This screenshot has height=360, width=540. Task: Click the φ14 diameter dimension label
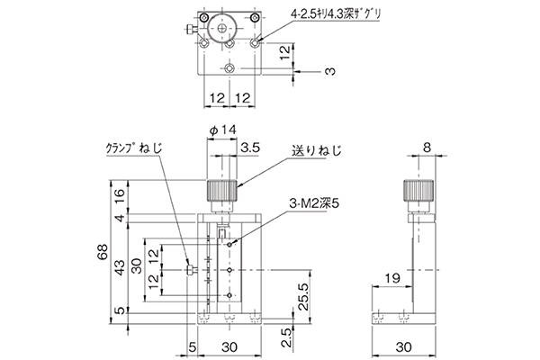223,130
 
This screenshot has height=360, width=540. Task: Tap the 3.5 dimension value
250,148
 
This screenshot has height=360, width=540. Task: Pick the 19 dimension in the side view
392,278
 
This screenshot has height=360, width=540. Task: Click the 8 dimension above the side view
427,148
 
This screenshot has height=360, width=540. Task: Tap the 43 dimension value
120,267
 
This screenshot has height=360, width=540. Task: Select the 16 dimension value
119,197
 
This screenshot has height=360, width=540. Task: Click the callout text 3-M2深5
314,204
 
